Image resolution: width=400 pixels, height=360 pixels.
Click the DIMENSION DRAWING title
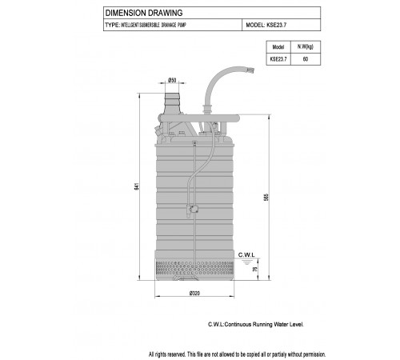click(144, 13)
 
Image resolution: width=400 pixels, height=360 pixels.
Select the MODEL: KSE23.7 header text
click(266, 25)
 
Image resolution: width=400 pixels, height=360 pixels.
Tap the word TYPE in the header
click(112, 25)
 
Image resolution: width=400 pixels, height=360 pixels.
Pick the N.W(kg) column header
click(306, 47)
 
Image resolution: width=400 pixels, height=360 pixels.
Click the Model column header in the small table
click(278, 47)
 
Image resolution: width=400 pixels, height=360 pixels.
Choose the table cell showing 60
click(306, 59)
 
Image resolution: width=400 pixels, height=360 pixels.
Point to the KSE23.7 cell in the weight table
click(278, 59)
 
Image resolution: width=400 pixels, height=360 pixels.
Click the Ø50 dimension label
click(172, 80)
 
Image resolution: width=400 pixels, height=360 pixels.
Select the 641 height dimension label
click(137, 186)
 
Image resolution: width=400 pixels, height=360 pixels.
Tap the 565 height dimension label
click(266, 197)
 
